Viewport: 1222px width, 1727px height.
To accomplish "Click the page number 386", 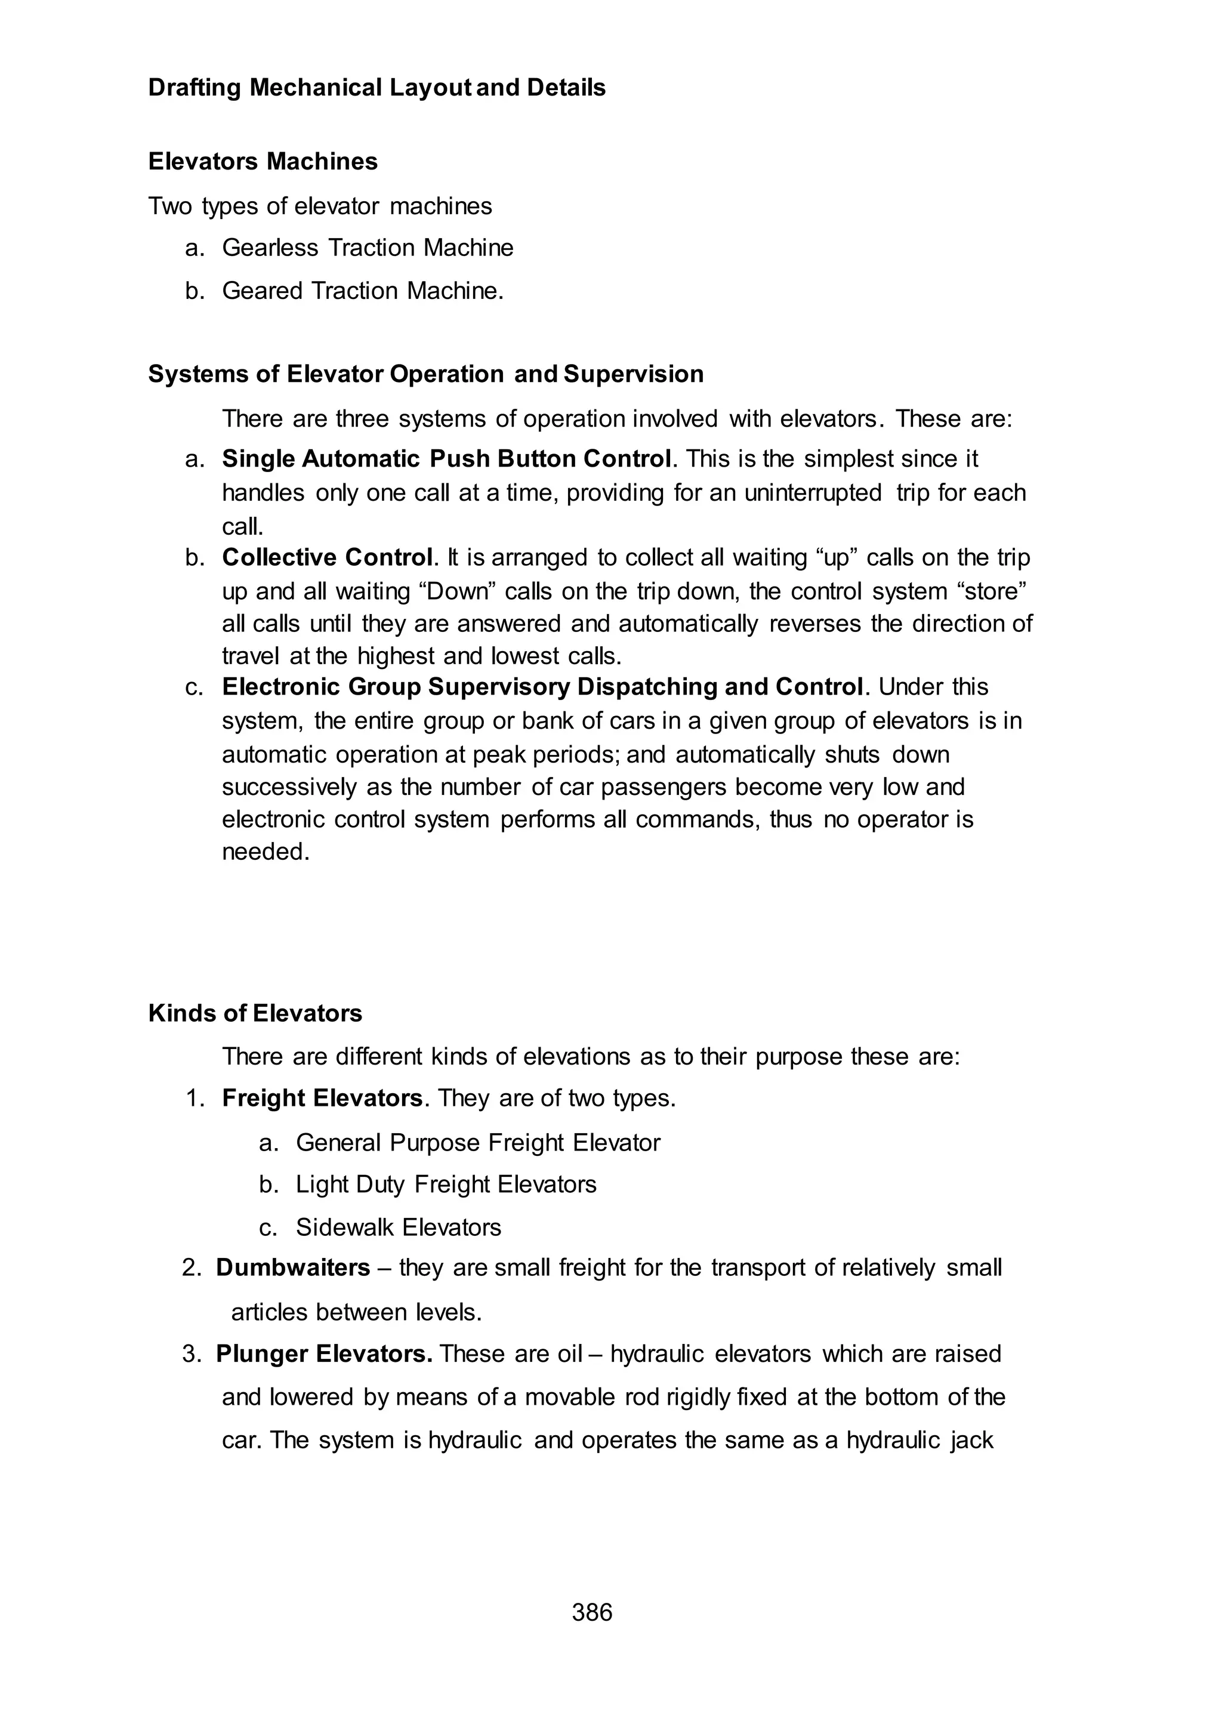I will (x=591, y=1612).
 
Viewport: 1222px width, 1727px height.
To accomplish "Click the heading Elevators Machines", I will (x=263, y=161).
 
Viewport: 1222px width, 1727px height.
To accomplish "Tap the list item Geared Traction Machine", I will (x=362, y=291).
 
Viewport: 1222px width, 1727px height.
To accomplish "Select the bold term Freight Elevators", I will (x=322, y=1098).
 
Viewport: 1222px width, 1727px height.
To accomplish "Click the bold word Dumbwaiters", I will (x=293, y=1268).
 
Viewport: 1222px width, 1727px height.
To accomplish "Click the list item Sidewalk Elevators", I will (x=398, y=1228).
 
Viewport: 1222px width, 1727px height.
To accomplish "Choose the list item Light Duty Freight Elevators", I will (x=446, y=1185).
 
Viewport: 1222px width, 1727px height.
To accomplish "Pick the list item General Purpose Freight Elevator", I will (x=478, y=1142).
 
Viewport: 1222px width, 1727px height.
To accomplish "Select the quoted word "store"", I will (x=992, y=591).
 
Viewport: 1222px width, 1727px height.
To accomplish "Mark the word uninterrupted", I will (x=813, y=493).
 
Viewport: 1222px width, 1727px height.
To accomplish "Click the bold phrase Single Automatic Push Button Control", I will (x=446, y=459).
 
